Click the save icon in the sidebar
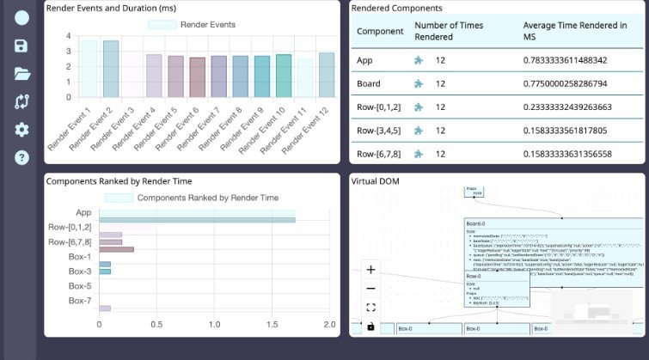coord(21,46)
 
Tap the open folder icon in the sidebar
coord(21,74)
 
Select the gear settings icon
coord(21,130)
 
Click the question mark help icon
coord(21,157)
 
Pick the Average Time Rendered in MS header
coord(574,31)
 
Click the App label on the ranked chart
coord(83,212)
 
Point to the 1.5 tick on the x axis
coord(272,325)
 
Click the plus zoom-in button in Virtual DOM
coord(370,270)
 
